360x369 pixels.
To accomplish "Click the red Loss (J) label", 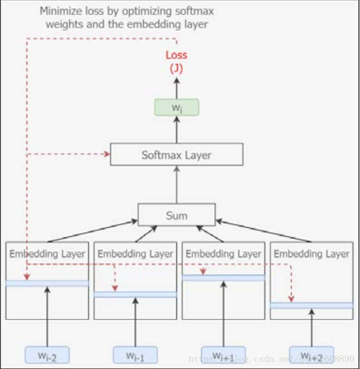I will pos(176,61).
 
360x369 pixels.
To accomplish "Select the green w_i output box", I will pos(176,107).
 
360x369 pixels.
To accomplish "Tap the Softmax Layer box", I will pos(176,154).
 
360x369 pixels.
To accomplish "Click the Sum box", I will pos(176,215).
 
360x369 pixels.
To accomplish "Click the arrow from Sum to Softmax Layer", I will pos(176,185).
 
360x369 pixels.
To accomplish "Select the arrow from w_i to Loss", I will pos(176,88).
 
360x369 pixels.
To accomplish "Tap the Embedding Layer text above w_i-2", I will pos(47,254).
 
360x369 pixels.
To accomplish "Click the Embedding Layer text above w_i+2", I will pos(311,254).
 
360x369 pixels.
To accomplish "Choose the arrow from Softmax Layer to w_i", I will pos(176,130).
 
